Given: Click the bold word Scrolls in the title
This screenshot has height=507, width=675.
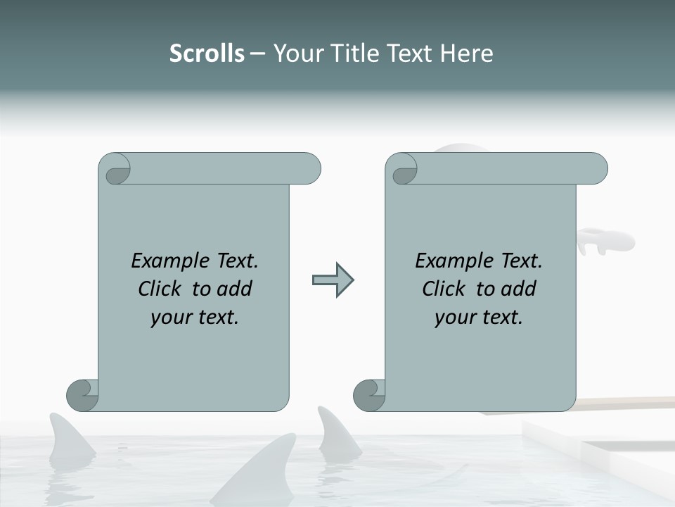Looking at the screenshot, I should click(x=207, y=54).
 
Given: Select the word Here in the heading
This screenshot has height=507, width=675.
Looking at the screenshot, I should click(x=466, y=54).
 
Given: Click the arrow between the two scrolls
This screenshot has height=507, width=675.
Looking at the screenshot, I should click(x=333, y=280).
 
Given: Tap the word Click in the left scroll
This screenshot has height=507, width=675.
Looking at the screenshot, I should click(x=162, y=289).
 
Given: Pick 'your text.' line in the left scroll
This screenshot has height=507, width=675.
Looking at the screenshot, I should click(x=195, y=318).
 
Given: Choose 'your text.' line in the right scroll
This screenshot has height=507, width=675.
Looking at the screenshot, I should click(x=479, y=318).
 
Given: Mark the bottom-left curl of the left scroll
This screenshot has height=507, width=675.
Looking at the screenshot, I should click(x=83, y=395).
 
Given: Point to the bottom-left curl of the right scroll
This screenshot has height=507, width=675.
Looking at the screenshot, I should click(x=370, y=395).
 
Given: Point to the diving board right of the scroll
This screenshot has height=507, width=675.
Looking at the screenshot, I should click(x=626, y=403).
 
